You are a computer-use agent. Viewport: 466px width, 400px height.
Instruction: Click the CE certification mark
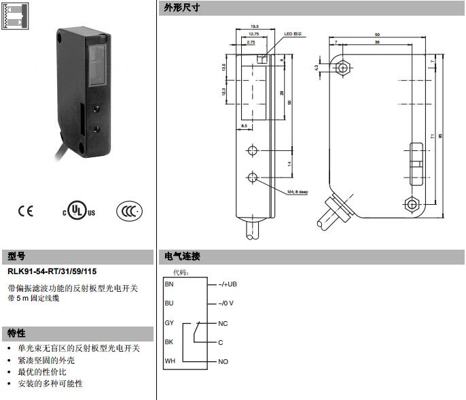(x=25, y=211)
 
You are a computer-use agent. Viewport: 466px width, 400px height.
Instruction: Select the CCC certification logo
(x=129, y=211)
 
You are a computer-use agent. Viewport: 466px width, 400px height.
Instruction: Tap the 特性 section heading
(x=16, y=333)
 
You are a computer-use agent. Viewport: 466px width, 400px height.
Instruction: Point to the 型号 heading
(x=16, y=256)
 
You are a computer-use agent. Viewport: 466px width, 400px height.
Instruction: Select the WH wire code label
(x=169, y=361)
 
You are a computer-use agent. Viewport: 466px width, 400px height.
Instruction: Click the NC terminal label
(x=222, y=323)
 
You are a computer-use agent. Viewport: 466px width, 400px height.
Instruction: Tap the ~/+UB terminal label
(x=227, y=284)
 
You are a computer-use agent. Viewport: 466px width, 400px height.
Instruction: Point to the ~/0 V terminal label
(x=226, y=303)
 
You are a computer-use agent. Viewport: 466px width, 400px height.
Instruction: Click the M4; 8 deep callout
(x=298, y=193)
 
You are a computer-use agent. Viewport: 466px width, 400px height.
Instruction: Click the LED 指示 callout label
(x=293, y=34)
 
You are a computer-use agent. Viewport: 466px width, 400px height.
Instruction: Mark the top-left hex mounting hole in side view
(x=343, y=68)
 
